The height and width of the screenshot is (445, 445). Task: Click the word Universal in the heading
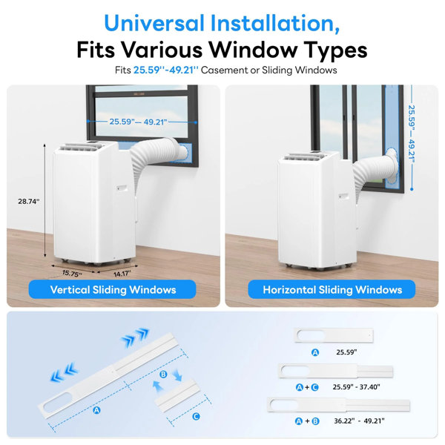coord(154,23)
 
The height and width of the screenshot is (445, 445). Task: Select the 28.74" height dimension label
coord(29,201)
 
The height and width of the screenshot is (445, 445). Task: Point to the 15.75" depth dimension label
coord(72,273)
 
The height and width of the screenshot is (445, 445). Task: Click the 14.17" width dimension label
coord(122,274)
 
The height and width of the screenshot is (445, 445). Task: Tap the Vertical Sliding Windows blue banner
coord(113,289)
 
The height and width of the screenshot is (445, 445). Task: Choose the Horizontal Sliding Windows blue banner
coord(332,289)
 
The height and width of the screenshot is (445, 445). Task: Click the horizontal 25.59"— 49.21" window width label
coord(138,122)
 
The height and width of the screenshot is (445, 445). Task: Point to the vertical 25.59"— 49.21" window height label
coord(412,134)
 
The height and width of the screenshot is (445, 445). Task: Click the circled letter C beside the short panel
coord(196,416)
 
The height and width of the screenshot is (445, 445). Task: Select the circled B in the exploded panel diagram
coord(163,375)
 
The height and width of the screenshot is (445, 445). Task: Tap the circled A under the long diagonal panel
coord(96,410)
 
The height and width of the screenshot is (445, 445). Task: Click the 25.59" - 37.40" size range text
coord(356,387)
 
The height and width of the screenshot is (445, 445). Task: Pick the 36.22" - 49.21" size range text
coord(359,421)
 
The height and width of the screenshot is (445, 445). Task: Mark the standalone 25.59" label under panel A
coord(346,352)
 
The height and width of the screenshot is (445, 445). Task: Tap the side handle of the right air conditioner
coord(343,197)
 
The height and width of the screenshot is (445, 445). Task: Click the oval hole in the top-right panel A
coord(311,335)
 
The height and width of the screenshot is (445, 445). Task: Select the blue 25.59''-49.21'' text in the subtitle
coord(165,70)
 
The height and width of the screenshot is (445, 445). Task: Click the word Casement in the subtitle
coord(224,70)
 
